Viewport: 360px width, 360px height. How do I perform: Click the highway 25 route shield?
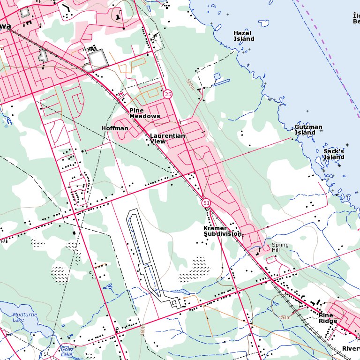click(x=168, y=94)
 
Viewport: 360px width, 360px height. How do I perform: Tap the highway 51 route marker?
click(x=206, y=203)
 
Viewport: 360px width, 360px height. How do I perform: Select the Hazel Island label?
click(x=244, y=36)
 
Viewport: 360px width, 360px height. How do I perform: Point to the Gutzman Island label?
click(x=308, y=130)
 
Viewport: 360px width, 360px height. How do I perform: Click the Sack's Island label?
click(x=334, y=154)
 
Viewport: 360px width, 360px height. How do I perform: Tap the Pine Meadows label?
click(x=144, y=113)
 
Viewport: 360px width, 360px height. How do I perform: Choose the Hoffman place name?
click(x=114, y=128)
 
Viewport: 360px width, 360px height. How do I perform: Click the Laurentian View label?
click(x=167, y=138)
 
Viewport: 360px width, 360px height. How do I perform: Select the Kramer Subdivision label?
click(x=222, y=231)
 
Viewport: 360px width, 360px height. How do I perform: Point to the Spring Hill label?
click(x=280, y=247)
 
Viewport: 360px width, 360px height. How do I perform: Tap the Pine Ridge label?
click(x=328, y=318)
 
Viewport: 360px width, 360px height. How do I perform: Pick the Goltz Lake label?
click(x=67, y=352)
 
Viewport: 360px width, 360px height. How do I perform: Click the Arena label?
click(x=90, y=49)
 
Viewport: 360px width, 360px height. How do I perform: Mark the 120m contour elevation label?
click(x=189, y=84)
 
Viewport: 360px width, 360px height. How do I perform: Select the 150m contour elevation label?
click(x=285, y=317)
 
